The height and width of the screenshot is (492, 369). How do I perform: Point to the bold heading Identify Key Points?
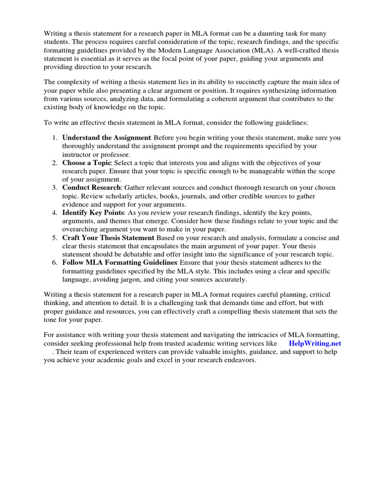93,212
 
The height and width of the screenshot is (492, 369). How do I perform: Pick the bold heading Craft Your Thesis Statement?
108,238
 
